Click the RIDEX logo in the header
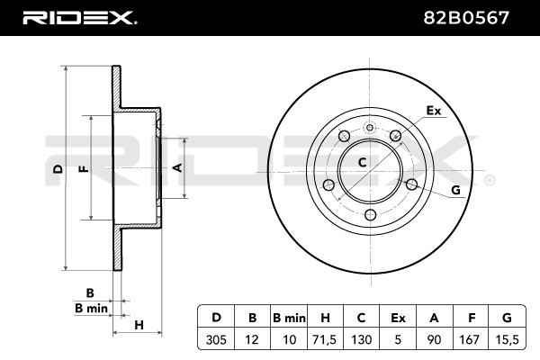point(78,17)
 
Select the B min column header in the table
point(290,318)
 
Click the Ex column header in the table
point(397,318)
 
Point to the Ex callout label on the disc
point(434,111)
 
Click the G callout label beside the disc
point(455,190)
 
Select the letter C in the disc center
point(363,163)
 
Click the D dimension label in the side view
point(56,168)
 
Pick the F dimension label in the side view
point(84,168)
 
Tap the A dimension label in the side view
point(177,168)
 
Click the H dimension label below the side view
point(139,324)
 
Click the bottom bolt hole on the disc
point(371,214)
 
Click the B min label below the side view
point(91,308)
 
